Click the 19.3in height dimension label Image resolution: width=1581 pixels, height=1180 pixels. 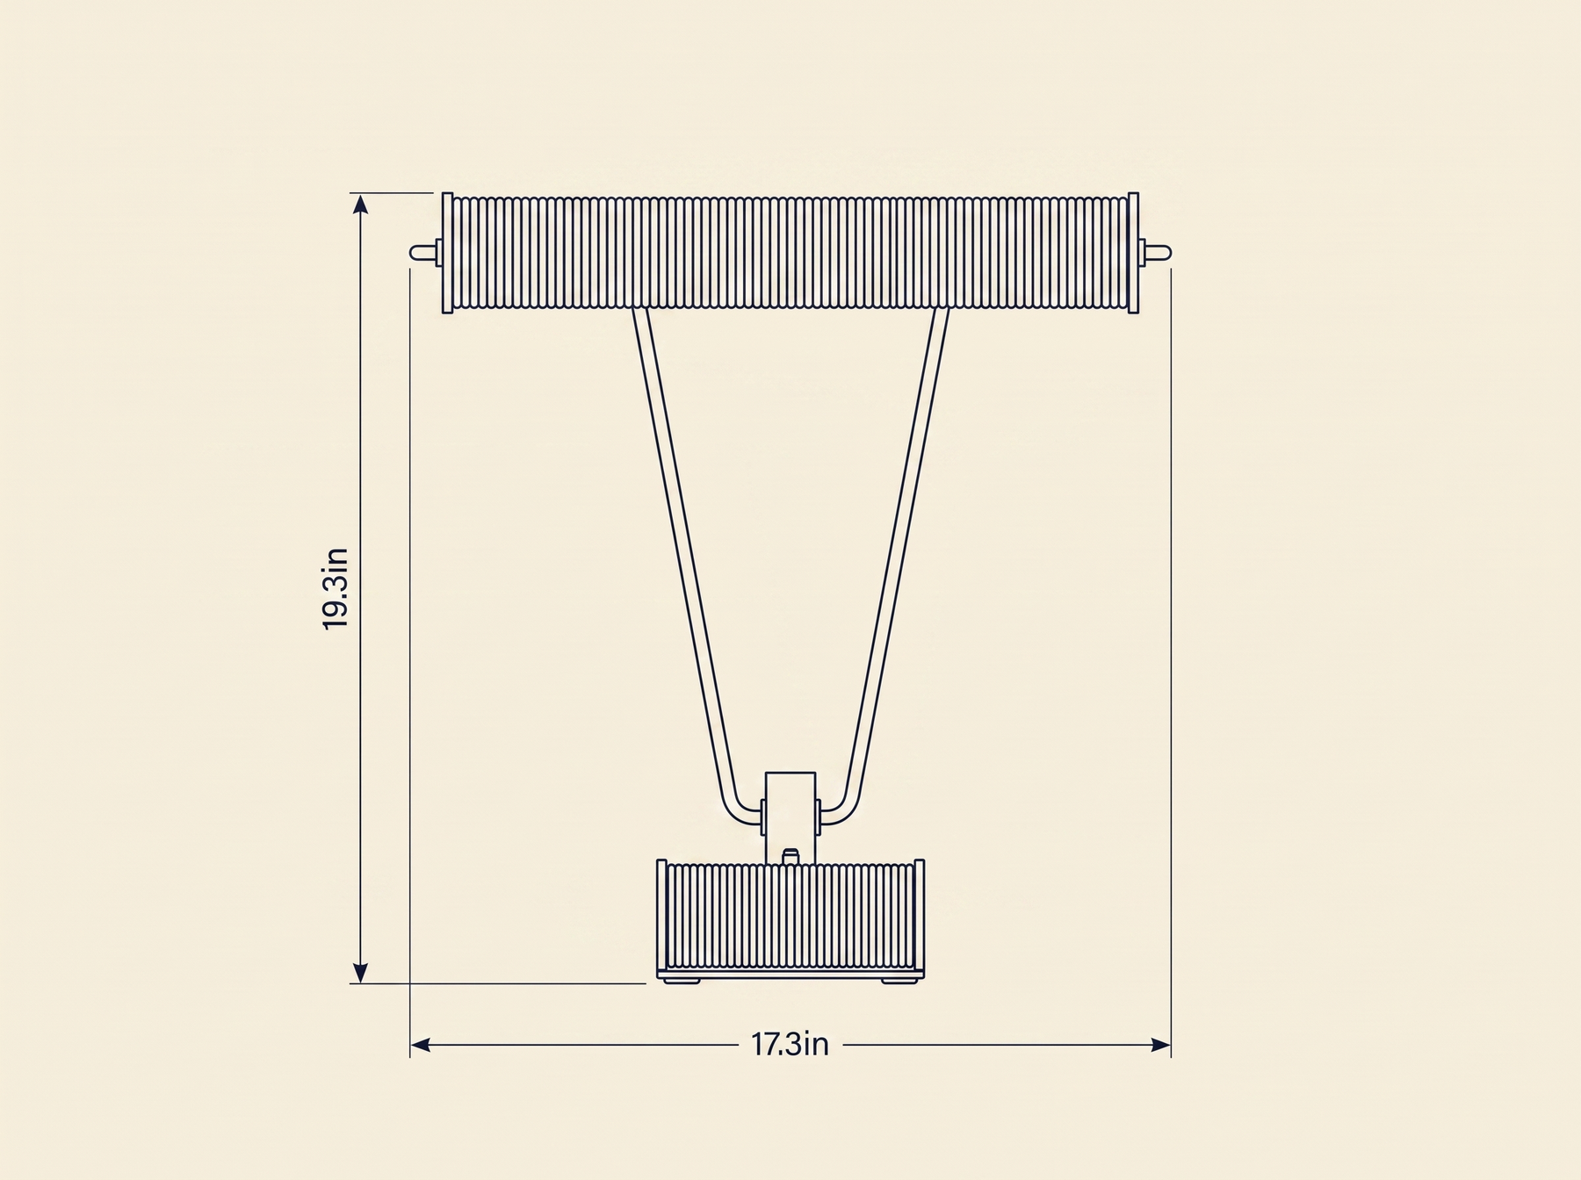(336, 587)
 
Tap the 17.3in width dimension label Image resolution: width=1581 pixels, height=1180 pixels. (790, 1045)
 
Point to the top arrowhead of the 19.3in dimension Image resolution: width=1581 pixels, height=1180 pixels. (359, 204)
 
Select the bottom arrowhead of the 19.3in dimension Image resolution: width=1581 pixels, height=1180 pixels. (359, 973)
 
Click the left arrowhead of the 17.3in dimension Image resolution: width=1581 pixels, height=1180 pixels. (421, 1045)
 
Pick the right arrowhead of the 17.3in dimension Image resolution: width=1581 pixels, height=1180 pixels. (1160, 1045)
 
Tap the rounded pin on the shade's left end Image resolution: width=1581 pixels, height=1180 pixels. (421, 253)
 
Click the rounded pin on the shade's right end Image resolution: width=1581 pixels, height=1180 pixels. (1159, 253)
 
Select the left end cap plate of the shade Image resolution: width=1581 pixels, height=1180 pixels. (447, 253)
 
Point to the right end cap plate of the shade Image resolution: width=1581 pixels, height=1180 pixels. (1133, 253)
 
